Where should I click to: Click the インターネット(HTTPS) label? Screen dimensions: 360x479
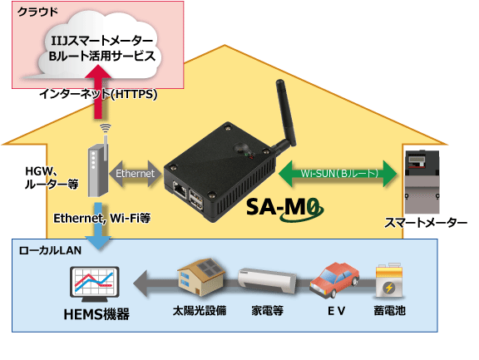point(98,94)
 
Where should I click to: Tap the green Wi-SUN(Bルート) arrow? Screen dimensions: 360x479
point(338,174)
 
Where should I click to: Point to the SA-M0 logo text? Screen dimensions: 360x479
point(279,205)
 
